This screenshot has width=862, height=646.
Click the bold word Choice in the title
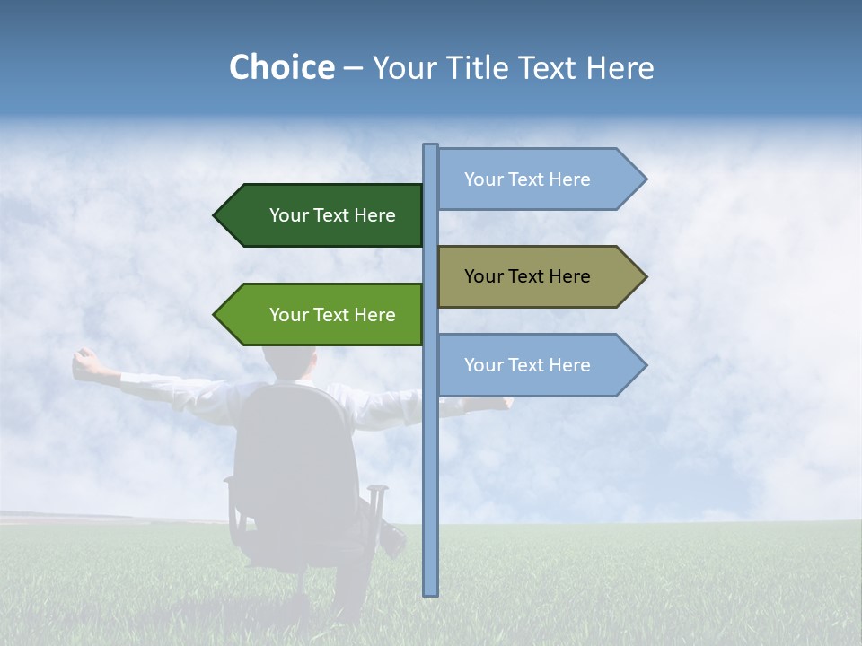pos(281,68)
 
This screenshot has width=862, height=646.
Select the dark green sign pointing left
pos(323,215)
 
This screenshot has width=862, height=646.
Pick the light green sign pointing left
pos(323,315)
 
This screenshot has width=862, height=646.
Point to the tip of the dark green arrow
pos(215,215)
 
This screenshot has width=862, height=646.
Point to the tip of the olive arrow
pos(645,276)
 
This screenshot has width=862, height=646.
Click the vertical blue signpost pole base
pos(431,588)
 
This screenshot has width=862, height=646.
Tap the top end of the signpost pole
pos(431,148)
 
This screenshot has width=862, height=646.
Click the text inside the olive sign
pos(527,276)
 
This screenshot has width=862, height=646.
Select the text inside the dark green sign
pos(332,215)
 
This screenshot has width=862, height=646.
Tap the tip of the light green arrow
pos(215,315)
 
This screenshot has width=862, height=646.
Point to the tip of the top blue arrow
pos(645,179)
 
